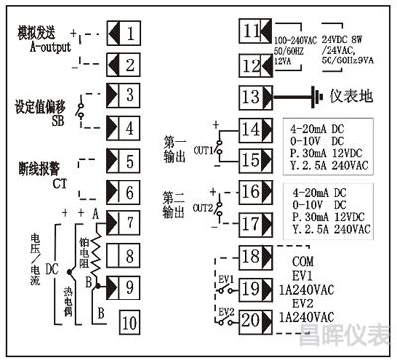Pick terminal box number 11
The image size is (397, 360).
tap(250, 30)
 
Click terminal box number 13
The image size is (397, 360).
tap(250, 96)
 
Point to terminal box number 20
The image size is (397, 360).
tap(250, 319)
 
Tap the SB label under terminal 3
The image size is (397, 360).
tap(30, 120)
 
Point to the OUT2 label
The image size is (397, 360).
tap(202, 206)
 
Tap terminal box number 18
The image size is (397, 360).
tap(250, 257)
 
